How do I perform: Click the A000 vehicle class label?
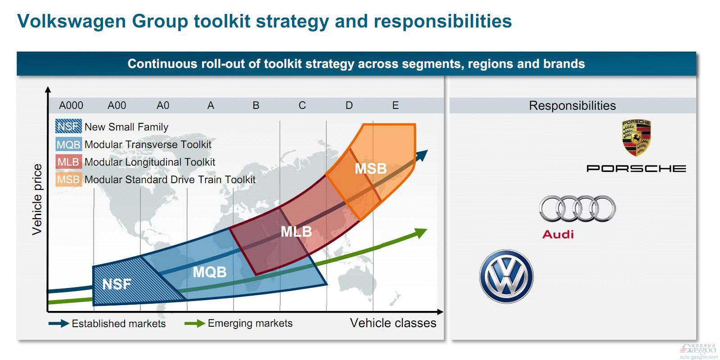(71, 105)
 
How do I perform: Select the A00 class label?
(117, 105)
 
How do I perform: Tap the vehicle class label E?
(396, 105)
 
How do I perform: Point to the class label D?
(349, 105)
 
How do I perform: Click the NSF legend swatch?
(68, 126)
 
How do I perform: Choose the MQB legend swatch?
(68, 144)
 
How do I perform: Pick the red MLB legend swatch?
(68, 162)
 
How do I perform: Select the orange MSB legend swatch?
(68, 180)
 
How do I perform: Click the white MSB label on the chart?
(371, 169)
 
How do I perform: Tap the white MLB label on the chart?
(297, 232)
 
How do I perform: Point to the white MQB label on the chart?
(210, 272)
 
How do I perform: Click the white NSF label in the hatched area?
(117, 284)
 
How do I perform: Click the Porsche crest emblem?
(636, 138)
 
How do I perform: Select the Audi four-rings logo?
(578, 209)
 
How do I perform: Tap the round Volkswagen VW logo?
(506, 276)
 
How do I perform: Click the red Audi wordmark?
(558, 234)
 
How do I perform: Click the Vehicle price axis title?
(37, 199)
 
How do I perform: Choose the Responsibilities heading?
(572, 105)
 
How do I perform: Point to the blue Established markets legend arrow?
(59, 324)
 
